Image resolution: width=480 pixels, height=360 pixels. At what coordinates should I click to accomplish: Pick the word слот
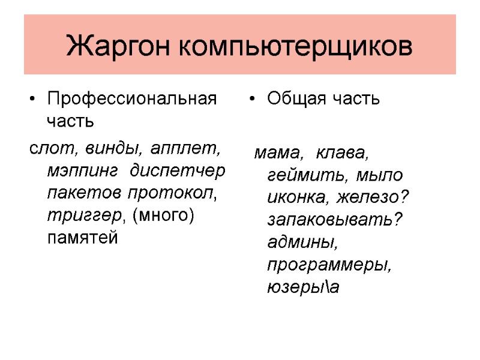tap(46, 148)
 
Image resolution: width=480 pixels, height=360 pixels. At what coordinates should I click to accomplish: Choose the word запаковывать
tap(334, 220)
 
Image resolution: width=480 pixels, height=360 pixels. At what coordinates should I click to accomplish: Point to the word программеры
tap(329, 265)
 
